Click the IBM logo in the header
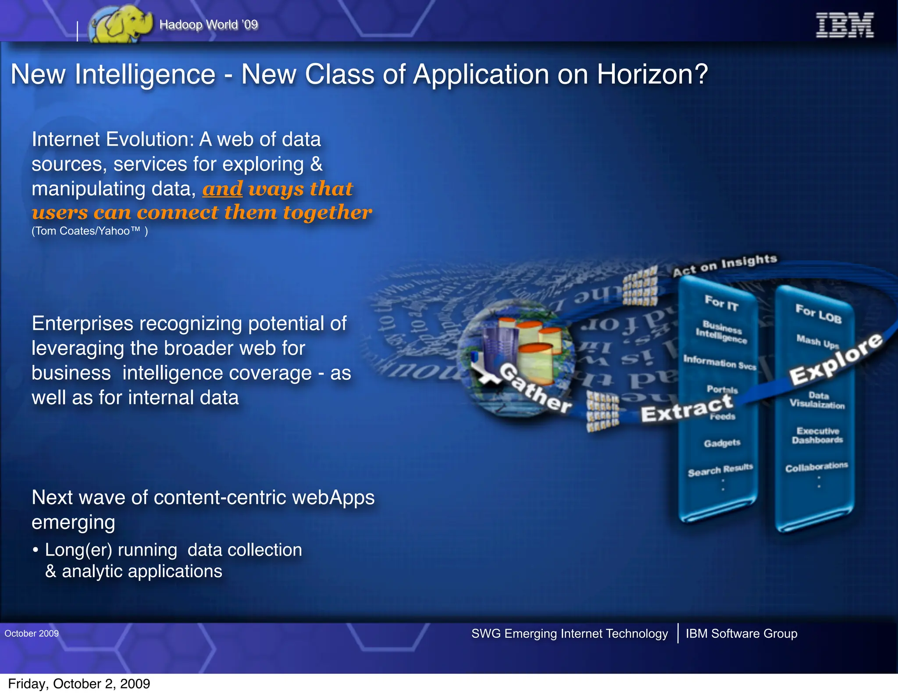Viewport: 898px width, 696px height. click(844, 25)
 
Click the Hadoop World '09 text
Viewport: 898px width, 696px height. click(209, 25)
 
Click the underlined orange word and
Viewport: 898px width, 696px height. click(222, 189)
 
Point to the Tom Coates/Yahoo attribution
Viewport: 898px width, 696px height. click(89, 231)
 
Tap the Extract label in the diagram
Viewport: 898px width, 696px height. click(687, 408)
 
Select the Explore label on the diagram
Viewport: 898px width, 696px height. click(835, 359)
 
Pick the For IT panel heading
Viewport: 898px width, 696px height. click(721, 303)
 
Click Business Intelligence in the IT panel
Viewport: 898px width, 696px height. click(721, 332)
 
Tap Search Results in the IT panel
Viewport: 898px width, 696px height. click(720, 470)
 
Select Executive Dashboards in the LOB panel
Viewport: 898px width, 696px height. click(817, 435)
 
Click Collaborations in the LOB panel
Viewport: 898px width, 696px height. click(816, 467)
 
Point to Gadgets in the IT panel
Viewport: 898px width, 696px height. click(722, 443)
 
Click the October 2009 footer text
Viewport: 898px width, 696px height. click(32, 633)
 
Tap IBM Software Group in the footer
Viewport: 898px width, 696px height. click(741, 633)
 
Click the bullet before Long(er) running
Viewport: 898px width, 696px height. click(36, 550)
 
